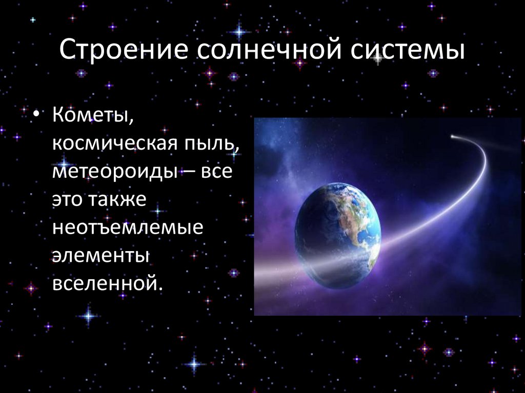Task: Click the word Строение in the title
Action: pos(122,52)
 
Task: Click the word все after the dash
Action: pos(217,172)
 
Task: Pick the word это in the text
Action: pos(68,200)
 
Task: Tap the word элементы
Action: pos(100,255)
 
